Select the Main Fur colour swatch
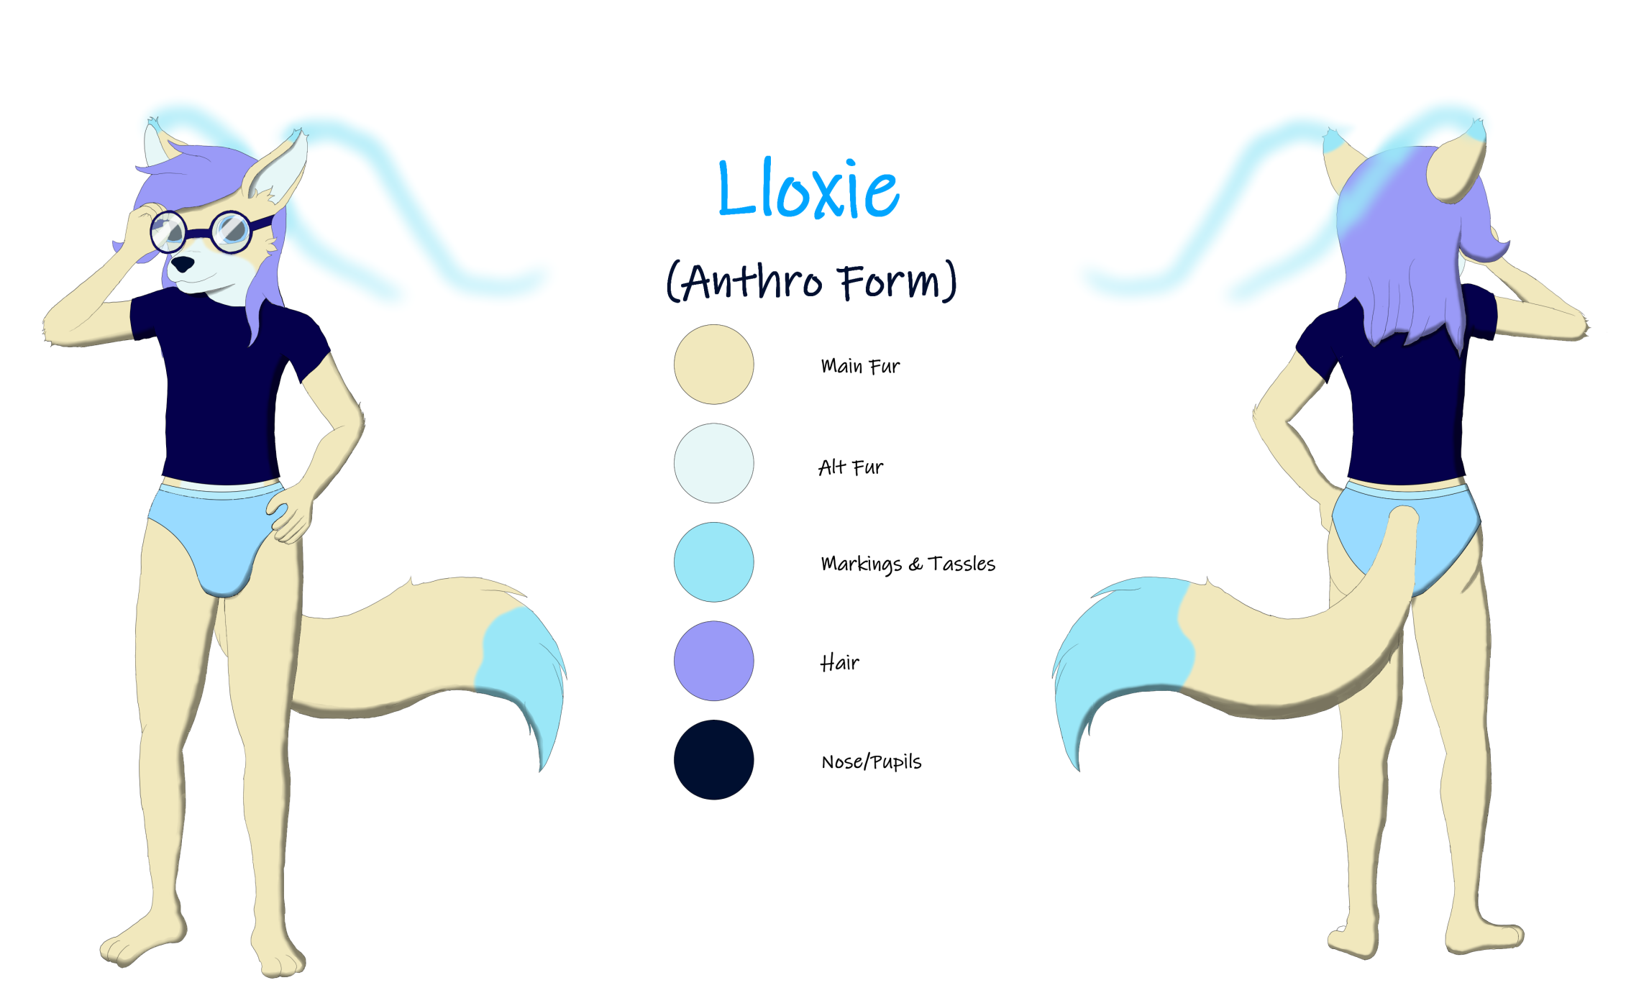pos(713,364)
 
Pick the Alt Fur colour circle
pos(713,463)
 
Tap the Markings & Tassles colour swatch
pos(713,562)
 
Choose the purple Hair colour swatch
pos(713,661)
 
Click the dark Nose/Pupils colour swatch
pos(713,759)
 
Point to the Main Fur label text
pos(860,366)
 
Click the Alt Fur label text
pos(851,467)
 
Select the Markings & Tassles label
pos(908,564)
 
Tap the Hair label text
pos(839,662)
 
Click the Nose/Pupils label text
pos(871,761)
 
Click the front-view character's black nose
pos(182,264)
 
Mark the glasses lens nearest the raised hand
pos(168,232)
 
